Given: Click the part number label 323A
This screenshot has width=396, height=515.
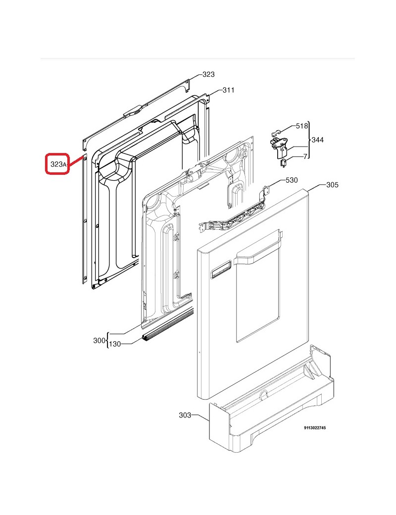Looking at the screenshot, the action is [x=58, y=164].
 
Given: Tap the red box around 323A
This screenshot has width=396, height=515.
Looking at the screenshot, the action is [x=57, y=154].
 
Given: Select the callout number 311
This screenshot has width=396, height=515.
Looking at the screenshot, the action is [x=229, y=90].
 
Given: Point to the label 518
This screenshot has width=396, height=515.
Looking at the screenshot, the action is [x=302, y=126].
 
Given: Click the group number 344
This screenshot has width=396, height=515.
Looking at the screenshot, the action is [x=317, y=140].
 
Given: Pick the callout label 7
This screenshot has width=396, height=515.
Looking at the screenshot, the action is [x=305, y=156].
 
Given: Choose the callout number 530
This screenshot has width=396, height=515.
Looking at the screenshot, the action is [x=292, y=180].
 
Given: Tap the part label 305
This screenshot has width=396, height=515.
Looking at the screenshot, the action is [x=332, y=185].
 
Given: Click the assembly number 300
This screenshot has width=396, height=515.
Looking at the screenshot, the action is [x=99, y=341].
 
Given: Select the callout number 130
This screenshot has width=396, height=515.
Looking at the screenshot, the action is [x=115, y=344].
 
